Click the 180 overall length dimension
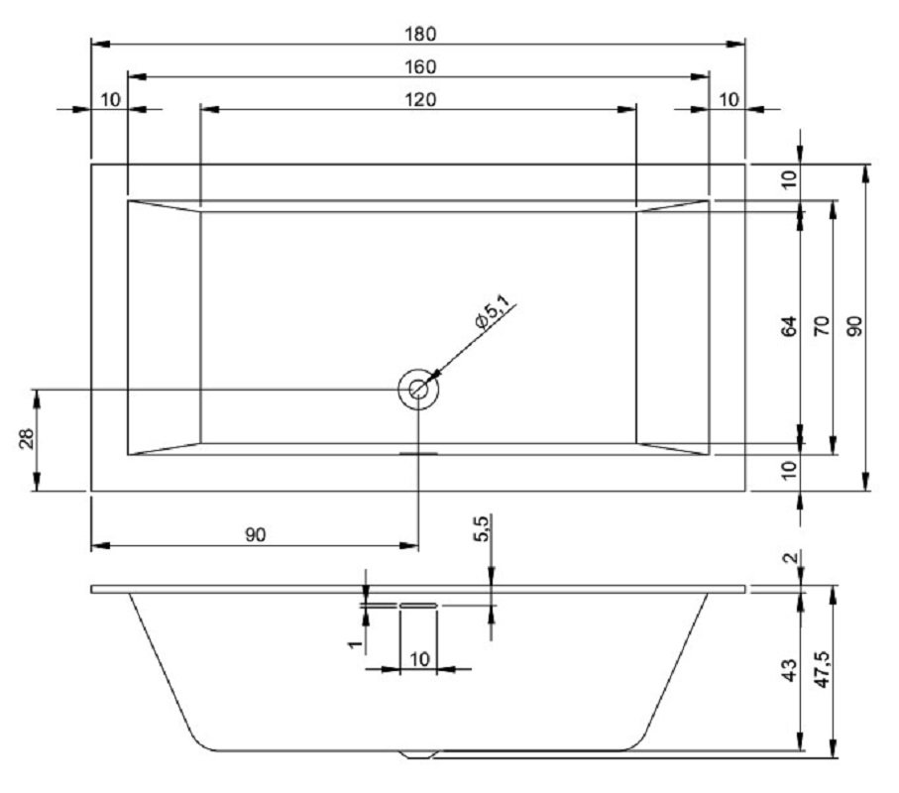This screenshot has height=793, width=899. pos(420,34)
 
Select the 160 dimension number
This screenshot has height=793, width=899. pos(420,67)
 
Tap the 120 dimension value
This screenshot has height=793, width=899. pos(420,100)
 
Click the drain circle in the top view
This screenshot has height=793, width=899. pos(418,390)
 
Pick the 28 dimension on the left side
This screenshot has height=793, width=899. pos(28,439)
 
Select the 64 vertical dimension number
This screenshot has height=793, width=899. pos(790,326)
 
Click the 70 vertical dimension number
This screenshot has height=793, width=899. pos(822,326)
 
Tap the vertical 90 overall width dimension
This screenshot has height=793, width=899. pos(854,326)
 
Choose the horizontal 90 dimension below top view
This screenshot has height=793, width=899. pos(256,534)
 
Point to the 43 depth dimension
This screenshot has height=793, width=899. pos(790,670)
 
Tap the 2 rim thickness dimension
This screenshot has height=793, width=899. pos(790,557)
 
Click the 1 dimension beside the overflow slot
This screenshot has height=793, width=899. pos(356,644)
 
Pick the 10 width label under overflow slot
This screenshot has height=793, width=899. pos(419,659)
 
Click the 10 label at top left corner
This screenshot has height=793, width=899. pos(111,100)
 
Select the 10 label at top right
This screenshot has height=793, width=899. pos(729,100)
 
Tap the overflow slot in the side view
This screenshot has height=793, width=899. pos(418,605)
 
